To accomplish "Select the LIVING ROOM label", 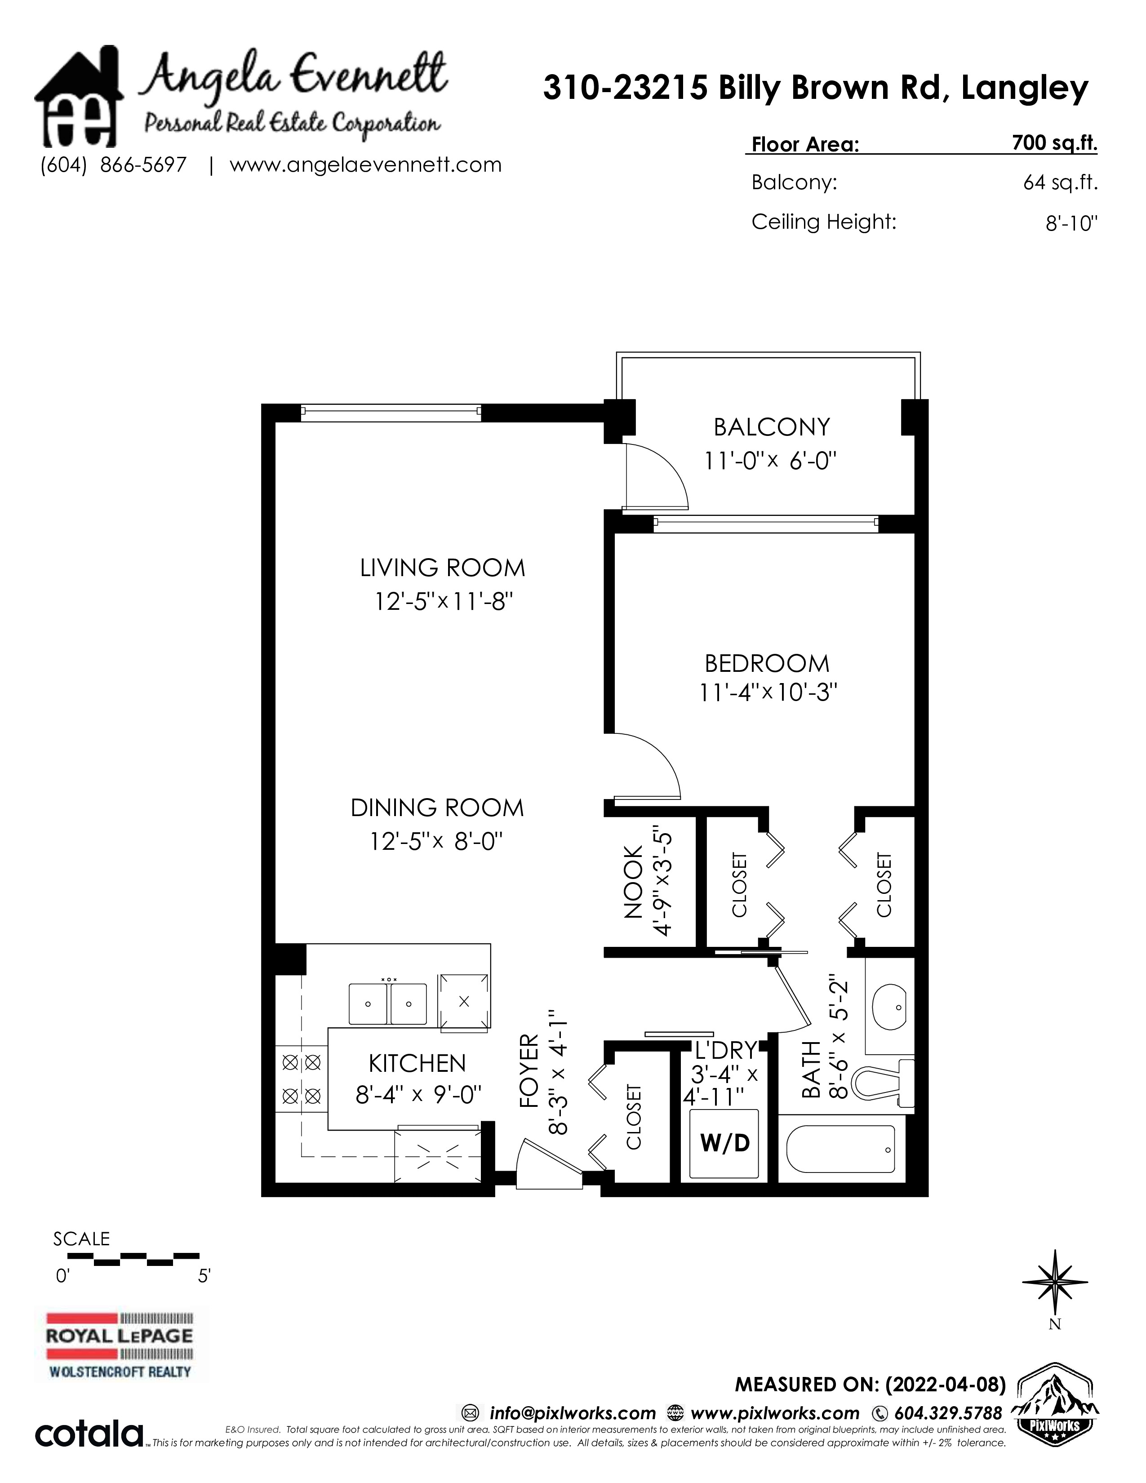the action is click(x=443, y=568).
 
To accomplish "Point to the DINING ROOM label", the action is click(x=437, y=808).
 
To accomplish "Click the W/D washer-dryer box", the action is click(x=724, y=1144).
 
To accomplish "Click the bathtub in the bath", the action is click(x=845, y=1150).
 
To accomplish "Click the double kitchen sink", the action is click(x=388, y=1003).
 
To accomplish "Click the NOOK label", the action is click(x=633, y=882).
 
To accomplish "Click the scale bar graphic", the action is click(x=126, y=1259).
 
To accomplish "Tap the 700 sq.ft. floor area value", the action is click(x=1054, y=143).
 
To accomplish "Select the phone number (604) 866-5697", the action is click(x=113, y=165).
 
